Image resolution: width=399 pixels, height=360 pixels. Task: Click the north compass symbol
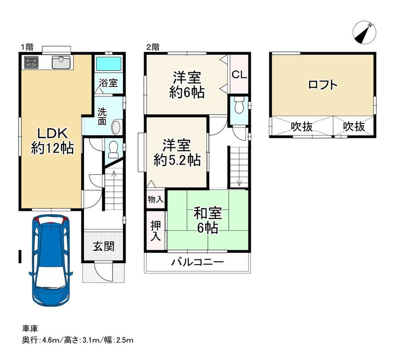point(364,33)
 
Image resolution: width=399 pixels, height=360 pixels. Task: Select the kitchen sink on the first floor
point(61,62)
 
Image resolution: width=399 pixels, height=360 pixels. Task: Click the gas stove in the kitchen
point(31,63)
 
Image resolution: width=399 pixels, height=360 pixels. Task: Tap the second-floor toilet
point(239,105)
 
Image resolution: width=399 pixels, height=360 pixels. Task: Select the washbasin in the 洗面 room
point(116,127)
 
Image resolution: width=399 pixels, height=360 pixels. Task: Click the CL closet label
point(239,75)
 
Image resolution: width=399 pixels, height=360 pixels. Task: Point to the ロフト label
point(323,85)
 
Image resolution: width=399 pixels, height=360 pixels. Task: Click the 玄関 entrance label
point(103,246)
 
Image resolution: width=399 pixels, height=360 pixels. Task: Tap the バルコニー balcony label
point(198,262)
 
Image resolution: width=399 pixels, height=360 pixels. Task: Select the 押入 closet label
point(156,231)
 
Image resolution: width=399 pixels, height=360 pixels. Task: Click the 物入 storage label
point(155,199)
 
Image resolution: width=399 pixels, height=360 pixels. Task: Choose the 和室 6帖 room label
point(207,220)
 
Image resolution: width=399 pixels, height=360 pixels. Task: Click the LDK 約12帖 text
point(52,141)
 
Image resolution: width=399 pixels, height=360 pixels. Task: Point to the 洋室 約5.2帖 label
point(177,153)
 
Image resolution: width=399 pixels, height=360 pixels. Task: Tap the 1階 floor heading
point(27,47)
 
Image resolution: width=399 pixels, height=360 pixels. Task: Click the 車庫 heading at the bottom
point(30,329)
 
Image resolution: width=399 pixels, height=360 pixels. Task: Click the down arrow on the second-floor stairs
point(239,182)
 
